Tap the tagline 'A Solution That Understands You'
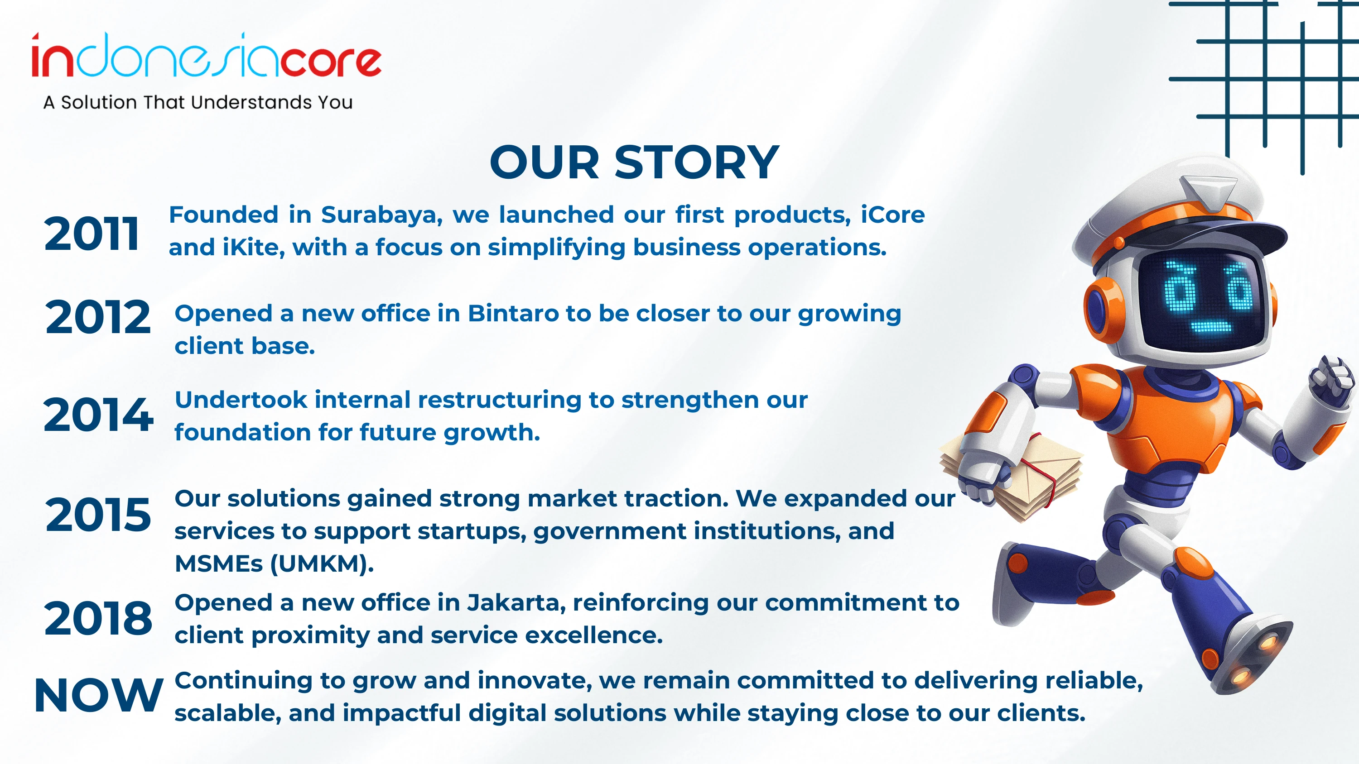198,102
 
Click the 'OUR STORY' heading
634,162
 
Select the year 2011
92,234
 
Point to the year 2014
98,415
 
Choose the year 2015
98,514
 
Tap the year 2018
98,617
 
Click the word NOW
99,695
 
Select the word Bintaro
513,313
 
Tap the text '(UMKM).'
322,563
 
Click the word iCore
892,215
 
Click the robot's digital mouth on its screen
1211,327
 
